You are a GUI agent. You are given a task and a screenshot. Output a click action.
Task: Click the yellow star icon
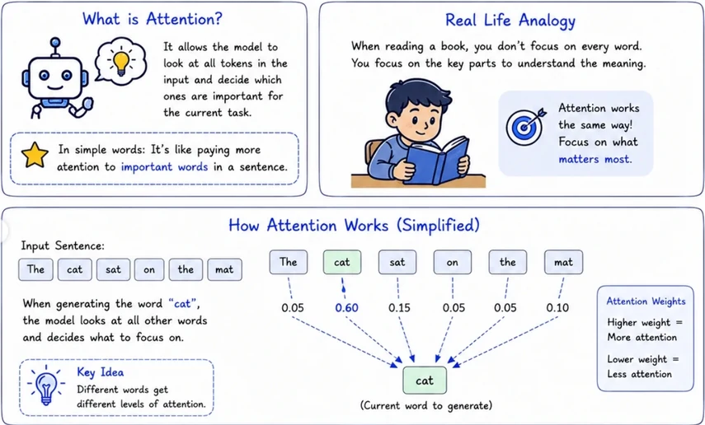pyautogui.click(x=35, y=155)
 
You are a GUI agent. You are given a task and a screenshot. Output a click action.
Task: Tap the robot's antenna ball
pyautogui.click(x=55, y=42)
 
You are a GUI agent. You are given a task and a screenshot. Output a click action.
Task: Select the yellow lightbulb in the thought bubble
pyautogui.click(x=120, y=63)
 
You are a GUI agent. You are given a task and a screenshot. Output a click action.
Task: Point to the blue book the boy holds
pyautogui.click(x=436, y=161)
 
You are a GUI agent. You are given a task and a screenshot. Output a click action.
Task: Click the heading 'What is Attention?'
pyautogui.click(x=153, y=19)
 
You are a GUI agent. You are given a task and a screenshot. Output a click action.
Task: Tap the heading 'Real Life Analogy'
pyautogui.click(x=510, y=21)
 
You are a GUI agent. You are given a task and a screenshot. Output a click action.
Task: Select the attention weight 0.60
pyautogui.click(x=346, y=308)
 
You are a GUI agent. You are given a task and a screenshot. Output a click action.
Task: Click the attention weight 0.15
pyautogui.click(x=399, y=308)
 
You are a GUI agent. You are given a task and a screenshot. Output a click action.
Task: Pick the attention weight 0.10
pyautogui.click(x=557, y=308)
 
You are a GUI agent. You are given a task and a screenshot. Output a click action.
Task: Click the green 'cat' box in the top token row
pyautogui.click(x=341, y=263)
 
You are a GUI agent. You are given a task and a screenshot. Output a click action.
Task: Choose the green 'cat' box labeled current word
pyautogui.click(x=425, y=381)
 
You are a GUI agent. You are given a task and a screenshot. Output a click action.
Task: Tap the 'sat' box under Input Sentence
pyautogui.click(x=113, y=269)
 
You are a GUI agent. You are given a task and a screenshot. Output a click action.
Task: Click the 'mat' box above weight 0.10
pyautogui.click(x=563, y=263)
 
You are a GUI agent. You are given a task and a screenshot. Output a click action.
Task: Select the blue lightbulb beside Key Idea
pyautogui.click(x=46, y=385)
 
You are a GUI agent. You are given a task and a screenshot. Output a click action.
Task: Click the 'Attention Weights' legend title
pyautogui.click(x=646, y=301)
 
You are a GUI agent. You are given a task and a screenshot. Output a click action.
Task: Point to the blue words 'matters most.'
pyautogui.click(x=595, y=159)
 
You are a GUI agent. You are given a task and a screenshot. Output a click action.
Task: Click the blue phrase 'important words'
pyautogui.click(x=165, y=167)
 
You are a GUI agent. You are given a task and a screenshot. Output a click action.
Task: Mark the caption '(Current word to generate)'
pyautogui.click(x=426, y=406)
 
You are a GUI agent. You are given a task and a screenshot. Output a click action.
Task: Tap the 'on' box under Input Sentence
pyautogui.click(x=149, y=269)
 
